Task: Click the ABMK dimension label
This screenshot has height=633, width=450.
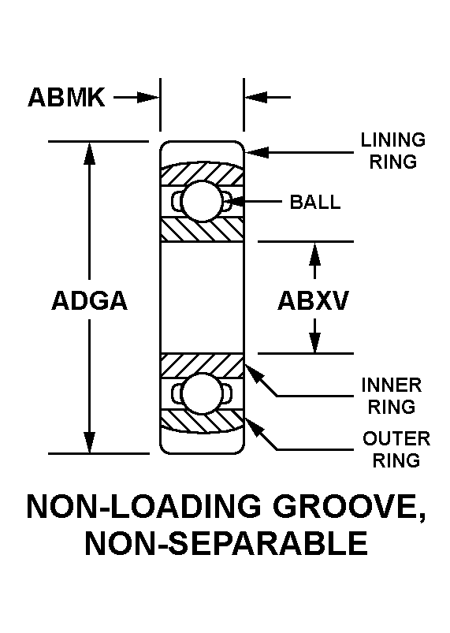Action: [66, 97]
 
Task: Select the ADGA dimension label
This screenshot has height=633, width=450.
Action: [89, 301]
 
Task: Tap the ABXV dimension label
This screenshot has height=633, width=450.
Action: [313, 301]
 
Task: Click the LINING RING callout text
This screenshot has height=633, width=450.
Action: [393, 151]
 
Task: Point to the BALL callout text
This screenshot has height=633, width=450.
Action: [315, 202]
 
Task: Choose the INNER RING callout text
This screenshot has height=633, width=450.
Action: [392, 396]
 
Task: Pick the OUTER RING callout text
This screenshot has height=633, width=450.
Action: [396, 449]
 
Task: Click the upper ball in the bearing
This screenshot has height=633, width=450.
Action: [202, 201]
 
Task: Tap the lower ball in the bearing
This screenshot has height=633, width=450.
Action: [202, 393]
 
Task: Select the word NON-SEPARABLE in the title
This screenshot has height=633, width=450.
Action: [226, 543]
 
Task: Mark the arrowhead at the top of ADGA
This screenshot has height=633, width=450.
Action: [89, 154]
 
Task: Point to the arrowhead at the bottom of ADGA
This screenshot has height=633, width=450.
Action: [89, 442]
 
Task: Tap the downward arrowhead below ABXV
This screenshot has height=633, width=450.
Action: [314, 341]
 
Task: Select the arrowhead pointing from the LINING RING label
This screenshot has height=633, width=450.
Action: [257, 153]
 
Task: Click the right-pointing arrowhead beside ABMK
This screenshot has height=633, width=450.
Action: [148, 97]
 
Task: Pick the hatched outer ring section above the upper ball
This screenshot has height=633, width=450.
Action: [202, 173]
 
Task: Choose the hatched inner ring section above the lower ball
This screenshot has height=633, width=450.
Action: [202, 365]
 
